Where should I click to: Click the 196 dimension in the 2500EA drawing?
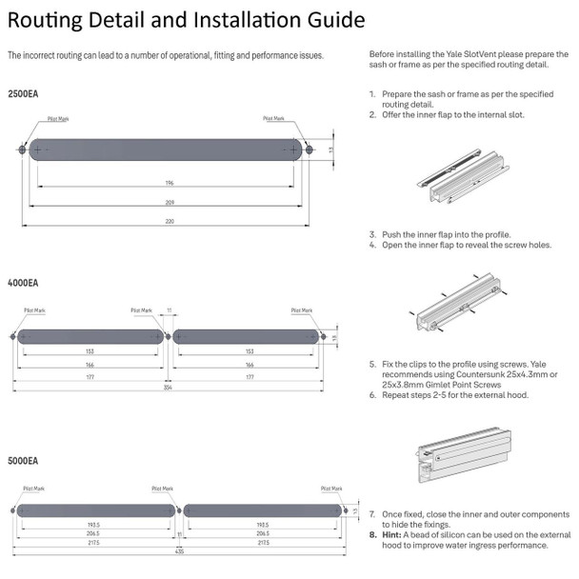tap(168, 182)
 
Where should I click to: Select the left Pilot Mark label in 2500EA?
tap(58, 120)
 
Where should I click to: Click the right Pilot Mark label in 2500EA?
tap(275, 120)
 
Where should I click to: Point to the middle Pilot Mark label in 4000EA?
tap(142, 310)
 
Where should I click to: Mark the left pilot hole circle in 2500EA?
tap(22, 150)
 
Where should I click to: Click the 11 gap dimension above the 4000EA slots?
tap(169, 310)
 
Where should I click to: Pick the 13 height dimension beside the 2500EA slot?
tap(331, 150)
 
